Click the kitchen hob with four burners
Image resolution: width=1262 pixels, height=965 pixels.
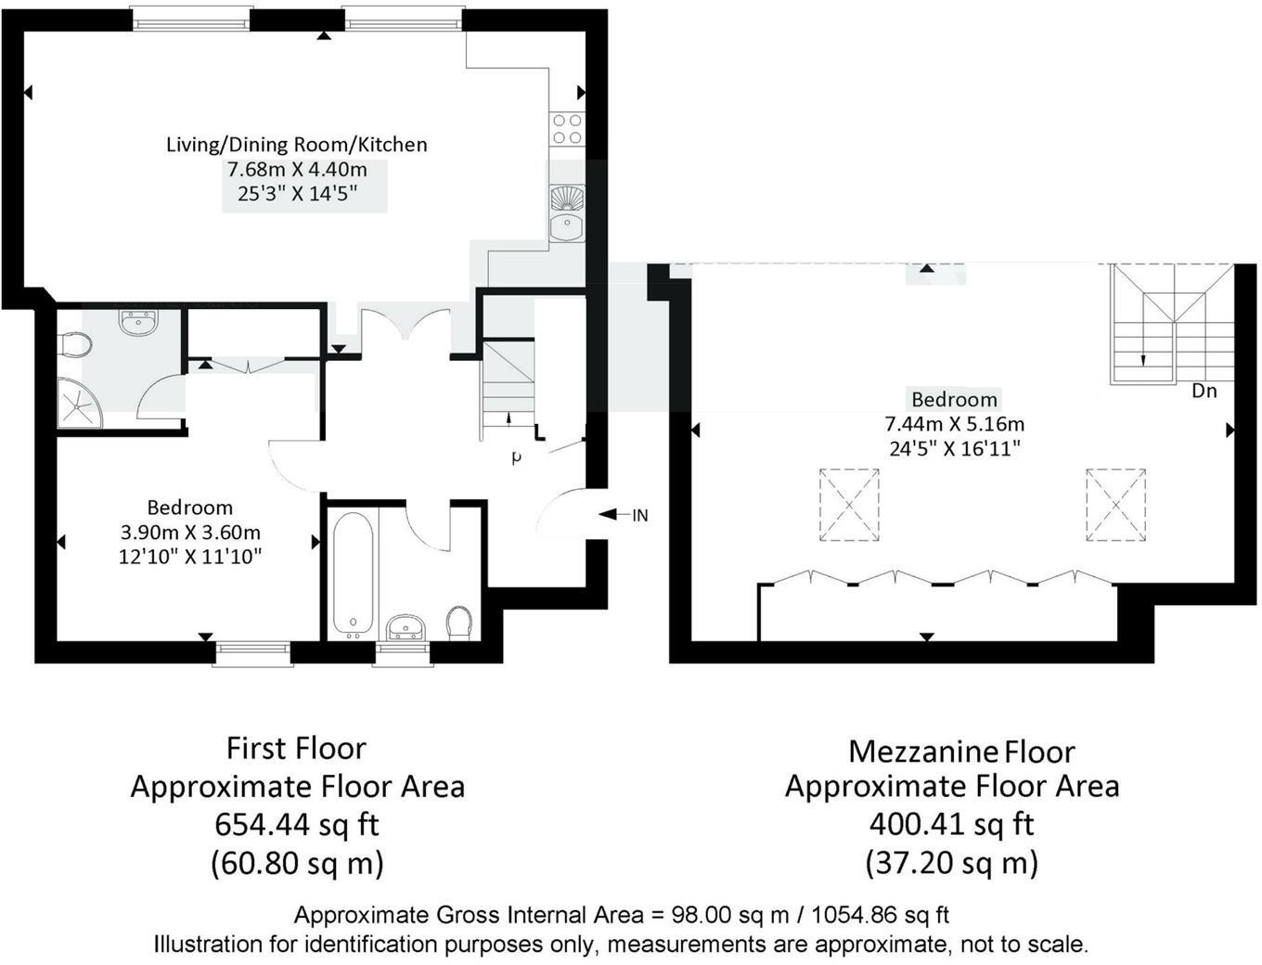(568, 129)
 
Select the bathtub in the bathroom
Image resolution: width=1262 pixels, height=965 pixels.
(353, 574)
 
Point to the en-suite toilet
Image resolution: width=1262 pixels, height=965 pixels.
(76, 345)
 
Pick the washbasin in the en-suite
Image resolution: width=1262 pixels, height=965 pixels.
(138, 323)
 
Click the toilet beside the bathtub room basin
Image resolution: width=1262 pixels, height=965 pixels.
(459, 623)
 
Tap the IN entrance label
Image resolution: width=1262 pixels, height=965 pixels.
(640, 516)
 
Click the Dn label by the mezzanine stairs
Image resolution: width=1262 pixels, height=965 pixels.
(1204, 392)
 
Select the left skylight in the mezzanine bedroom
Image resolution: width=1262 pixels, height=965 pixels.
(849, 505)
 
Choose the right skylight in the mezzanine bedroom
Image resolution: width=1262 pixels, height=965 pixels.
(1115, 505)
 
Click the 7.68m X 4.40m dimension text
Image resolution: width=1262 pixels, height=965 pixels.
(297, 170)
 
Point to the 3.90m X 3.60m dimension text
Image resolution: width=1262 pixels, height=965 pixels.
(190, 533)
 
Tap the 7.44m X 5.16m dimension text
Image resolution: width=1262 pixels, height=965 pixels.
(955, 424)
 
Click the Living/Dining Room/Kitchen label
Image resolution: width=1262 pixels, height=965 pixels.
(297, 144)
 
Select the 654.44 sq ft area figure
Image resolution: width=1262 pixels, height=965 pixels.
(297, 825)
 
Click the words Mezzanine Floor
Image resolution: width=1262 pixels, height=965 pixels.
(962, 752)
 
